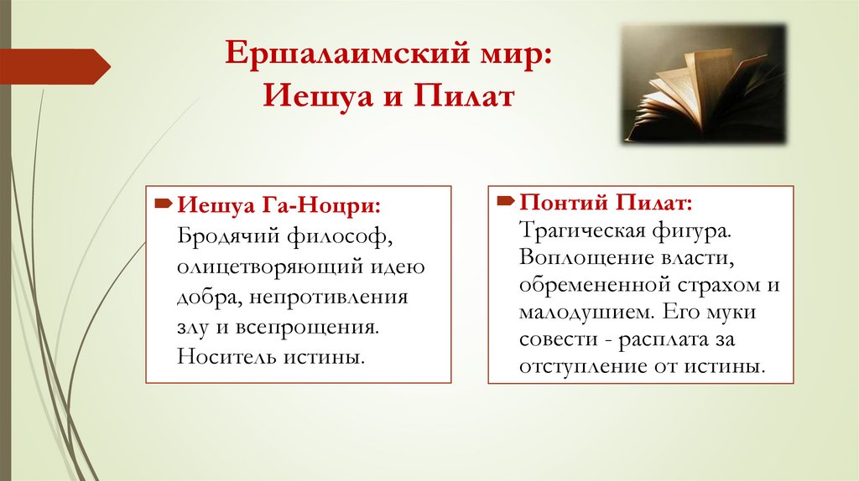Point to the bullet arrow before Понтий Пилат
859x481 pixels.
506,202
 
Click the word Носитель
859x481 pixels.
219,356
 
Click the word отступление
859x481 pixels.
578,368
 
